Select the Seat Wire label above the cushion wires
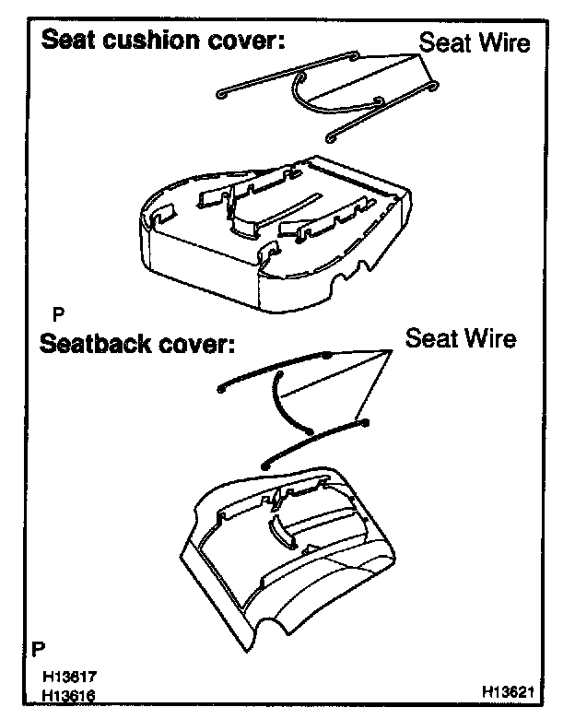(x=475, y=42)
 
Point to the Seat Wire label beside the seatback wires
(x=461, y=338)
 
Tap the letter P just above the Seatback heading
(x=60, y=313)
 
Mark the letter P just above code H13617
(x=38, y=648)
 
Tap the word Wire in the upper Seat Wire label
(x=501, y=42)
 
